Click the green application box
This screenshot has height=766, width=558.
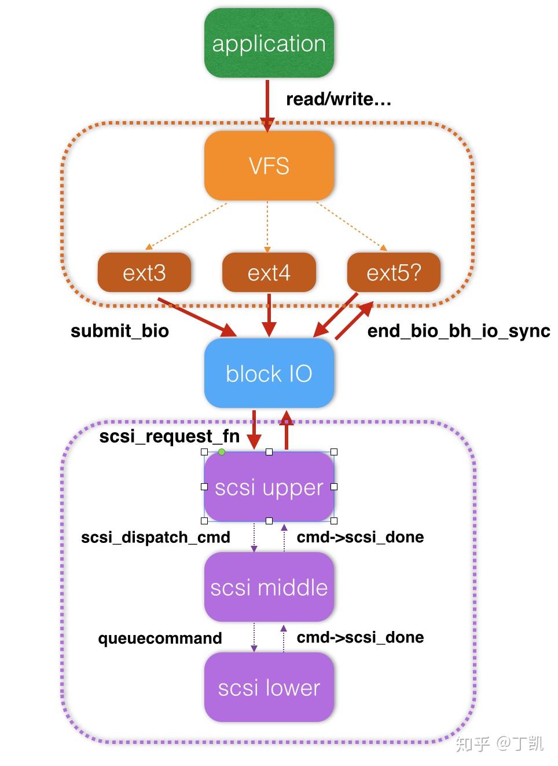pos(269,43)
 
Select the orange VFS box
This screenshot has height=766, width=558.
pos(269,166)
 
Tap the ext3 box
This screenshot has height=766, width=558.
pos(144,272)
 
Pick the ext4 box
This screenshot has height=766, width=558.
pos(269,272)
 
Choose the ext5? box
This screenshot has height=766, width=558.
pos(394,272)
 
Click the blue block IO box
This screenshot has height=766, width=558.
pos(269,373)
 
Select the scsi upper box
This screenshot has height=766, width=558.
pos(269,487)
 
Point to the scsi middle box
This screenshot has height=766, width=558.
pos(269,587)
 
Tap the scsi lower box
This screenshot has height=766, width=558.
pos(269,687)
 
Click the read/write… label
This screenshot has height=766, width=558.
pos(339,99)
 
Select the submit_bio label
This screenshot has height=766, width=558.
pos(120,331)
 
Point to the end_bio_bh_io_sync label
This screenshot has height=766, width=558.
pos(458,331)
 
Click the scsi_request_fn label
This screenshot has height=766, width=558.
pos(170,436)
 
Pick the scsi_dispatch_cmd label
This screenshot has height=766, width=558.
pos(156,537)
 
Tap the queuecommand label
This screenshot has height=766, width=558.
pos(160,638)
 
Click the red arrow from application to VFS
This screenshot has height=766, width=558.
pos(267,104)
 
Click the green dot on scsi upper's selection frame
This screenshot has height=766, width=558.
pos(222,452)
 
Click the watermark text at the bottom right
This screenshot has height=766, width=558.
pos(499,743)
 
